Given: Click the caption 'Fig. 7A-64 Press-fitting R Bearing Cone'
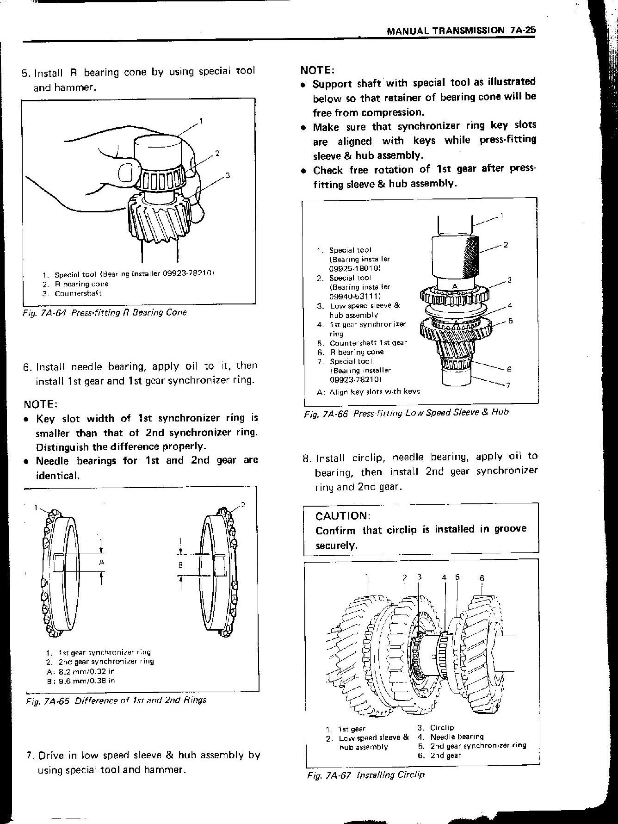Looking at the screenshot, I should click(x=105, y=312).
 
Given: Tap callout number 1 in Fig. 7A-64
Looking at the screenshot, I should click(x=201, y=121).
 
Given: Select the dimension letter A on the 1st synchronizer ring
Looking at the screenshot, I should click(x=101, y=562).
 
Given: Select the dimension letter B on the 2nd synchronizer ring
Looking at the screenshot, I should click(x=181, y=564).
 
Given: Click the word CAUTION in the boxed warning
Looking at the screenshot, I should click(x=343, y=515).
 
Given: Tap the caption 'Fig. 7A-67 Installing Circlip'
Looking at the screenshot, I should click(x=365, y=774).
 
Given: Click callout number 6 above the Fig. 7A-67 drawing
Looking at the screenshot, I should click(x=482, y=578).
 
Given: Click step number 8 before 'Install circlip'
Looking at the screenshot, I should click(x=306, y=458).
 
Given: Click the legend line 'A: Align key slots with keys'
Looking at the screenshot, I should click(x=369, y=391).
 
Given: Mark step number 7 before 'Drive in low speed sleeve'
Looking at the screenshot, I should click(x=30, y=756).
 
